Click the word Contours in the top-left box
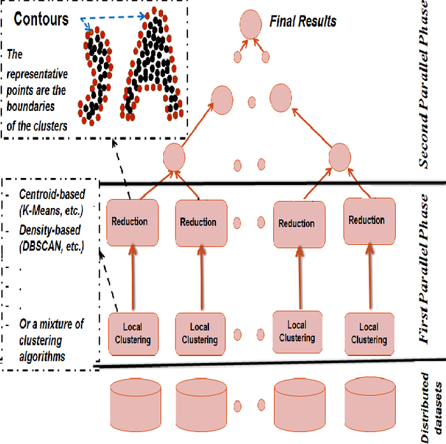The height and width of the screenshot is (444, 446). (x=41, y=19)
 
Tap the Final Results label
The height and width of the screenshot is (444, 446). (x=302, y=22)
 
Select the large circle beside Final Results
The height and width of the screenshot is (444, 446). (x=250, y=26)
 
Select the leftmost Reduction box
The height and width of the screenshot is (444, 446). (x=130, y=221)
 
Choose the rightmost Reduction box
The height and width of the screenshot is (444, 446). (x=366, y=220)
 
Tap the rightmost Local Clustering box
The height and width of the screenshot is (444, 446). (x=368, y=333)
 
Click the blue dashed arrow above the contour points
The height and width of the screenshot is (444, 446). (x=115, y=14)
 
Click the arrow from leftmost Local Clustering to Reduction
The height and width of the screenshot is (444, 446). (x=129, y=280)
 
